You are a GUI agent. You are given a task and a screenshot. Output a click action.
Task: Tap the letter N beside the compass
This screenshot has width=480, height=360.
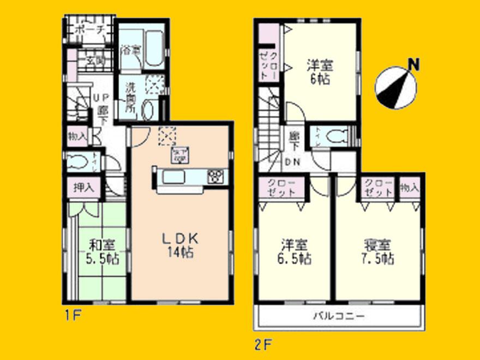(415, 65)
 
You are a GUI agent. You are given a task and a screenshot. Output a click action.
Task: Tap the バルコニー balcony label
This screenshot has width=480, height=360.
(339, 315)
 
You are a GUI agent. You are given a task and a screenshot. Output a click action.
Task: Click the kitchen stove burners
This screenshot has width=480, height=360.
(216, 176)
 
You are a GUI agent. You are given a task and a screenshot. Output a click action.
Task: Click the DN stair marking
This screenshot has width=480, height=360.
(293, 161)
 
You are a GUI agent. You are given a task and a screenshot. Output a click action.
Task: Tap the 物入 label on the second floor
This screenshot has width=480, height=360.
(409, 188)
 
